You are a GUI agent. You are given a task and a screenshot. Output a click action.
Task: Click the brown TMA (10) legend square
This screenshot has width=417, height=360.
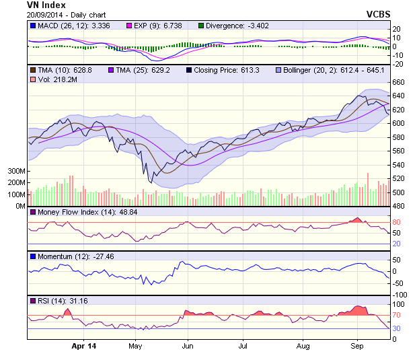click(33, 70)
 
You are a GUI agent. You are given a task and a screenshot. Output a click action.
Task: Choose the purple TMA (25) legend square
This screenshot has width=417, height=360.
click(110, 70)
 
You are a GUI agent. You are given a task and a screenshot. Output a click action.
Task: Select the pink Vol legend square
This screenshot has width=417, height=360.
click(33, 79)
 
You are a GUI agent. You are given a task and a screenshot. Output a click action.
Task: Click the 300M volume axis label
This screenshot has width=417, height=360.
click(16, 172)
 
